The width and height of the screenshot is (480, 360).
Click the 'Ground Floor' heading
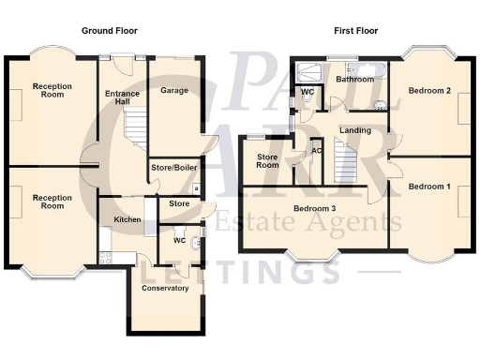(110, 31)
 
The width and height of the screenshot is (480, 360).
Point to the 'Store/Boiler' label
(173, 169)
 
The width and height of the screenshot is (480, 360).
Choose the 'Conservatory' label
(165, 288)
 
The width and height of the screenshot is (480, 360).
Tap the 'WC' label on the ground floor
(178, 241)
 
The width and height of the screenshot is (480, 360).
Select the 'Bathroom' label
(354, 80)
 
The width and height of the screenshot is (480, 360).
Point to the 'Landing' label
(354, 130)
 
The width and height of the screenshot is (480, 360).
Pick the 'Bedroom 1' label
(429, 187)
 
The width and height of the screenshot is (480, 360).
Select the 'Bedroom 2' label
(429, 90)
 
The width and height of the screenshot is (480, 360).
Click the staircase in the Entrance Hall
(136, 127)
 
